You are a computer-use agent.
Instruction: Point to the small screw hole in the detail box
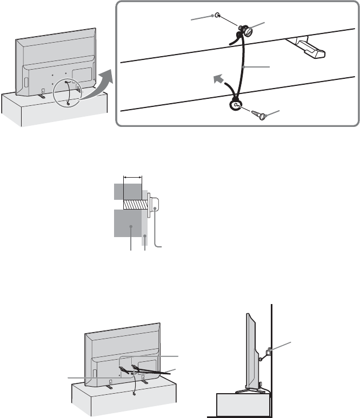point(217,16)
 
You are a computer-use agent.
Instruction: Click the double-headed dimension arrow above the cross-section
point(132,176)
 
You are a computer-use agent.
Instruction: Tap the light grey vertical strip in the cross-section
point(145,227)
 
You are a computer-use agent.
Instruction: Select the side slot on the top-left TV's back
point(25,84)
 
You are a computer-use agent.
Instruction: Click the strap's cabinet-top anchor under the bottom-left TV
point(133,393)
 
